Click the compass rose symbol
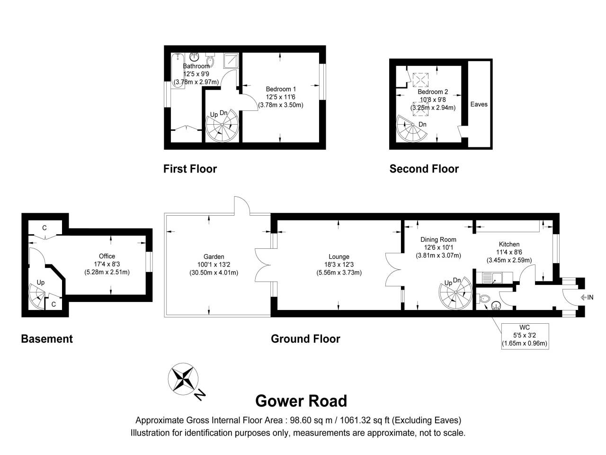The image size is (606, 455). pyautogui.click(x=183, y=379)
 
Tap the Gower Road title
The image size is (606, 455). pyautogui.click(x=301, y=401)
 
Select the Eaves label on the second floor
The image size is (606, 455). pyautogui.click(x=479, y=104)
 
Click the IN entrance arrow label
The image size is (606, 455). pyautogui.click(x=587, y=297)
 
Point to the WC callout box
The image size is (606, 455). pyautogui.click(x=525, y=336)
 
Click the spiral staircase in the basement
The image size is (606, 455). pyautogui.click(x=37, y=296)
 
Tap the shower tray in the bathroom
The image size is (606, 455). pyautogui.click(x=231, y=61)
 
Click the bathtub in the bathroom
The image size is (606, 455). pyautogui.click(x=178, y=71)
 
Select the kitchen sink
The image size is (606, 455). pyautogui.click(x=497, y=278)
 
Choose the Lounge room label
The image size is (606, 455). pyautogui.click(x=339, y=256)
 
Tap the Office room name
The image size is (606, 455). pyautogui.click(x=107, y=256)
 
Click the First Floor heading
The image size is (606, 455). pyautogui.click(x=190, y=169)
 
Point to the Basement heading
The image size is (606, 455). pyautogui.click(x=47, y=339)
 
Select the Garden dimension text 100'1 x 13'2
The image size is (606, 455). pyautogui.click(x=214, y=264)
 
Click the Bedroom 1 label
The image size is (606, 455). pyautogui.click(x=280, y=89)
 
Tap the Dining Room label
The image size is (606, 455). pyautogui.click(x=438, y=239)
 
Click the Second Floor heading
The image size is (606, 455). pyautogui.click(x=424, y=169)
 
